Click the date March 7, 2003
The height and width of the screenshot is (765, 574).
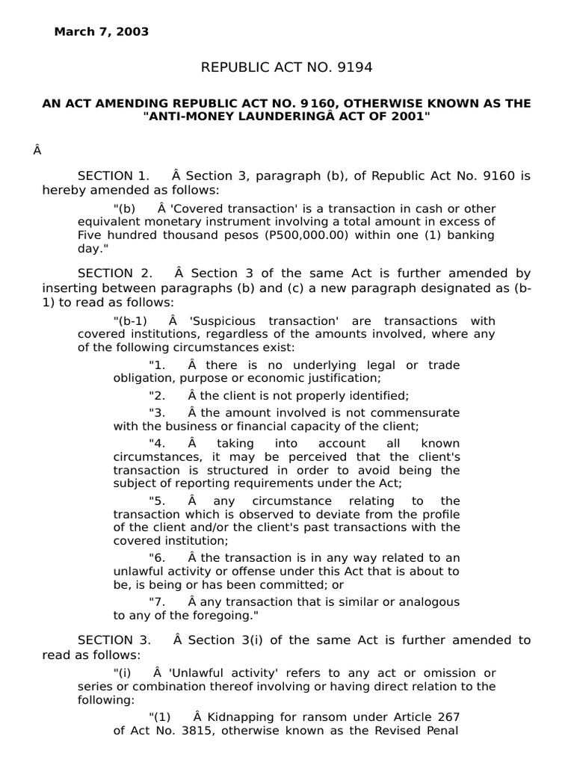(101, 32)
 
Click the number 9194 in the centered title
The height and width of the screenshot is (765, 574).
(354, 68)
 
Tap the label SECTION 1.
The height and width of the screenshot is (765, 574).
(114, 176)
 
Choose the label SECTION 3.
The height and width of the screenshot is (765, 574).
(114, 640)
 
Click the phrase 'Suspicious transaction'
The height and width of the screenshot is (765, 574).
(256, 321)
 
